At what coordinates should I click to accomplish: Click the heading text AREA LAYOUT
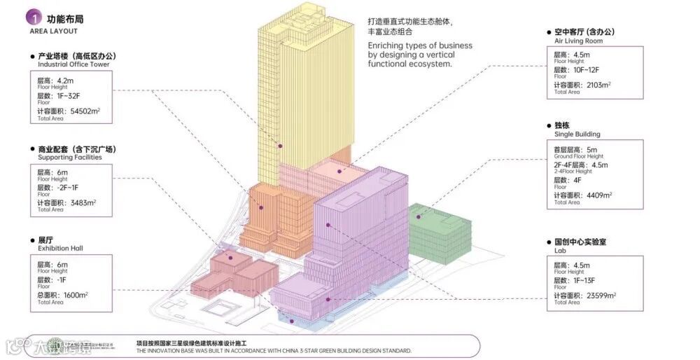54,32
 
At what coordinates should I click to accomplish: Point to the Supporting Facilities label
70,158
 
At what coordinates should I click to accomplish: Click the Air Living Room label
578,41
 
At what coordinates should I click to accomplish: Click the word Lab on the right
560,250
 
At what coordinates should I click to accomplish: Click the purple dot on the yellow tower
281,146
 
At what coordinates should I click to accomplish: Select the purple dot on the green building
419,217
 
